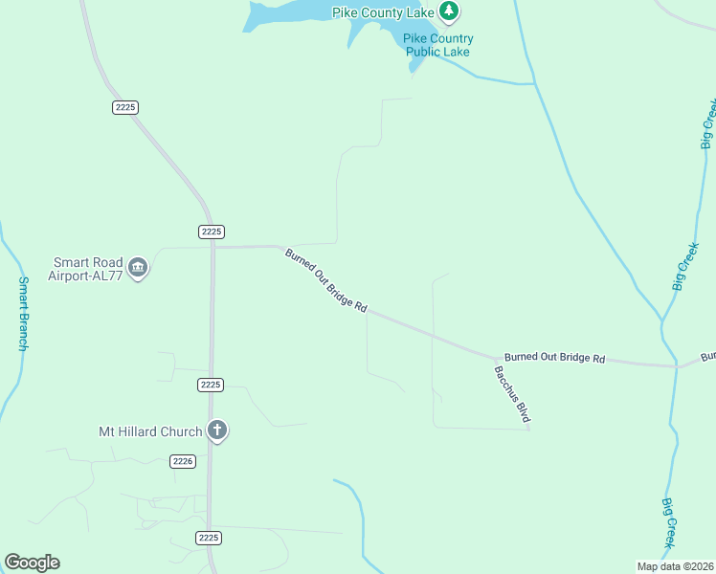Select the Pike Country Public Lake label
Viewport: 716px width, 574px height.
click(x=437, y=45)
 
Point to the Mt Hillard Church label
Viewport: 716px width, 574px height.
click(x=151, y=431)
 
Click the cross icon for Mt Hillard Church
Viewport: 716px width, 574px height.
click(x=217, y=430)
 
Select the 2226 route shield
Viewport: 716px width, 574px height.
click(x=184, y=461)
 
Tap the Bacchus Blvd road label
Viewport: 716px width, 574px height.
click(x=512, y=394)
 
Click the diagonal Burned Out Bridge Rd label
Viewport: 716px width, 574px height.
click(x=325, y=281)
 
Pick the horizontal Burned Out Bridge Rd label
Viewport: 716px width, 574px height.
click(x=554, y=358)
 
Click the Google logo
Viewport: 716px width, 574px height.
click(x=32, y=563)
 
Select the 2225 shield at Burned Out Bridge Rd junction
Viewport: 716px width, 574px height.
click(x=212, y=232)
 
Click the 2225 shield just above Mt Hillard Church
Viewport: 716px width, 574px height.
click(x=211, y=385)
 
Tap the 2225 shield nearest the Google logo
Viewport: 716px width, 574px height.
click(x=210, y=538)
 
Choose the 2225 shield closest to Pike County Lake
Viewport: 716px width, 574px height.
click(x=125, y=107)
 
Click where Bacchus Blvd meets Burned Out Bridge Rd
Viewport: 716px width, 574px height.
click(x=495, y=356)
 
